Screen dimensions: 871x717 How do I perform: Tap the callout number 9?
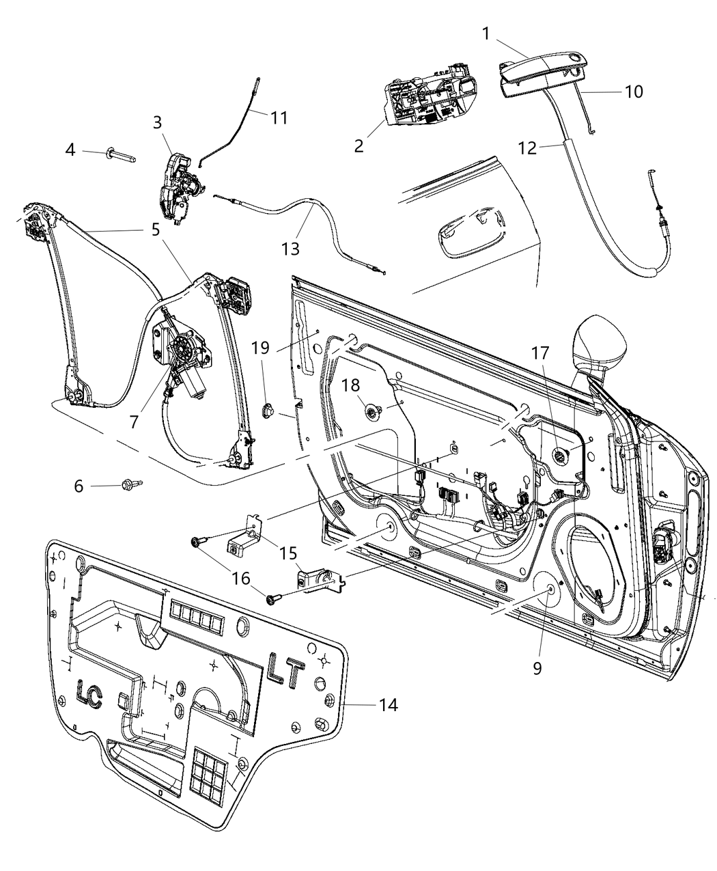click(x=537, y=667)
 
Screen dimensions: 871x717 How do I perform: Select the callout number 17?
click(x=540, y=353)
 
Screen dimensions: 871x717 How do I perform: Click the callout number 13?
click(x=290, y=248)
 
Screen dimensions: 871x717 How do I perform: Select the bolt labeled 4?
click(x=122, y=156)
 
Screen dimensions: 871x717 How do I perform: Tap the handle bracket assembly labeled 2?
click(x=428, y=95)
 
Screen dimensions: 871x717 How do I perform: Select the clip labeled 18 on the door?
click(x=375, y=411)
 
